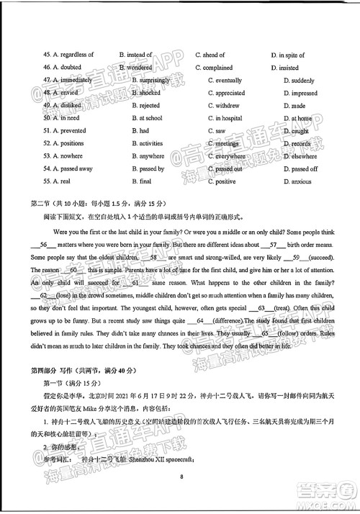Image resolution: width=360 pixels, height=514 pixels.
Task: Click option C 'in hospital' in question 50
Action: tap(228, 118)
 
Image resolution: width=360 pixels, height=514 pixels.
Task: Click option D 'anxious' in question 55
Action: tap(300, 181)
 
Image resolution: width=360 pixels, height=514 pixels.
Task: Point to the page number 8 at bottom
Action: tap(183, 476)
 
